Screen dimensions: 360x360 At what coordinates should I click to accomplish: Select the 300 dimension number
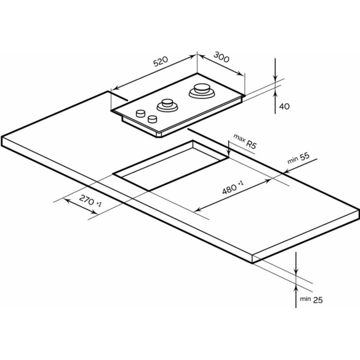click(x=222, y=57)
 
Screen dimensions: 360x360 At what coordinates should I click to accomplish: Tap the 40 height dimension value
click(x=284, y=106)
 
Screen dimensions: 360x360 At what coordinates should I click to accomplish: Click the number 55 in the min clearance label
click(x=304, y=156)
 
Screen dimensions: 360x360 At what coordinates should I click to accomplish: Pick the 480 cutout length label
click(x=229, y=189)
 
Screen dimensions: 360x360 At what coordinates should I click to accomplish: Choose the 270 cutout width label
click(x=86, y=200)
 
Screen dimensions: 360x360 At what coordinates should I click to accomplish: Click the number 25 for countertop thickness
click(x=318, y=300)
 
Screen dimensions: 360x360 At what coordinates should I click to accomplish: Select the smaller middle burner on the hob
click(x=167, y=105)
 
